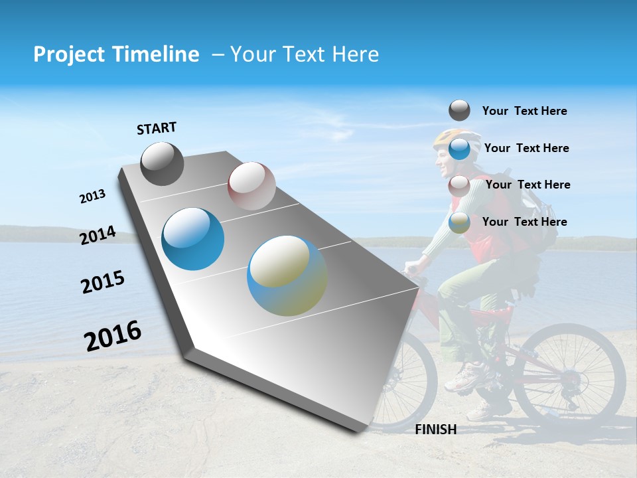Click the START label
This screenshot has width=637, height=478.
point(157,128)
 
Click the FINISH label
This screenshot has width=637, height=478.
point(436,430)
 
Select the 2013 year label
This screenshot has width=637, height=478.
point(92,197)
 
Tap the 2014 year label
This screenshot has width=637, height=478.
point(98,236)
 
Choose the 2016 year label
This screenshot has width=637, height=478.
point(113,336)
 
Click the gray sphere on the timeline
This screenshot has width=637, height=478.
point(162,163)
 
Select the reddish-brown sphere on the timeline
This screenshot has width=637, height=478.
point(251,185)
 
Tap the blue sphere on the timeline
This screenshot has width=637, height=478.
point(193,239)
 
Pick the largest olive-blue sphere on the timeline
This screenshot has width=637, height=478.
point(287,276)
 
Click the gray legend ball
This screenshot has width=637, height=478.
point(459,110)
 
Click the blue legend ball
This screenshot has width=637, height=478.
point(459,149)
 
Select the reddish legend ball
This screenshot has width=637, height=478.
point(459,185)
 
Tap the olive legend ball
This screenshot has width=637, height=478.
point(459,222)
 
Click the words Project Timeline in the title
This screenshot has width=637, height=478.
point(116,54)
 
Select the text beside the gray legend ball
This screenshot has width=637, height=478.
point(524,111)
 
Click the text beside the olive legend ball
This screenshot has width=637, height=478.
point(524,222)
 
